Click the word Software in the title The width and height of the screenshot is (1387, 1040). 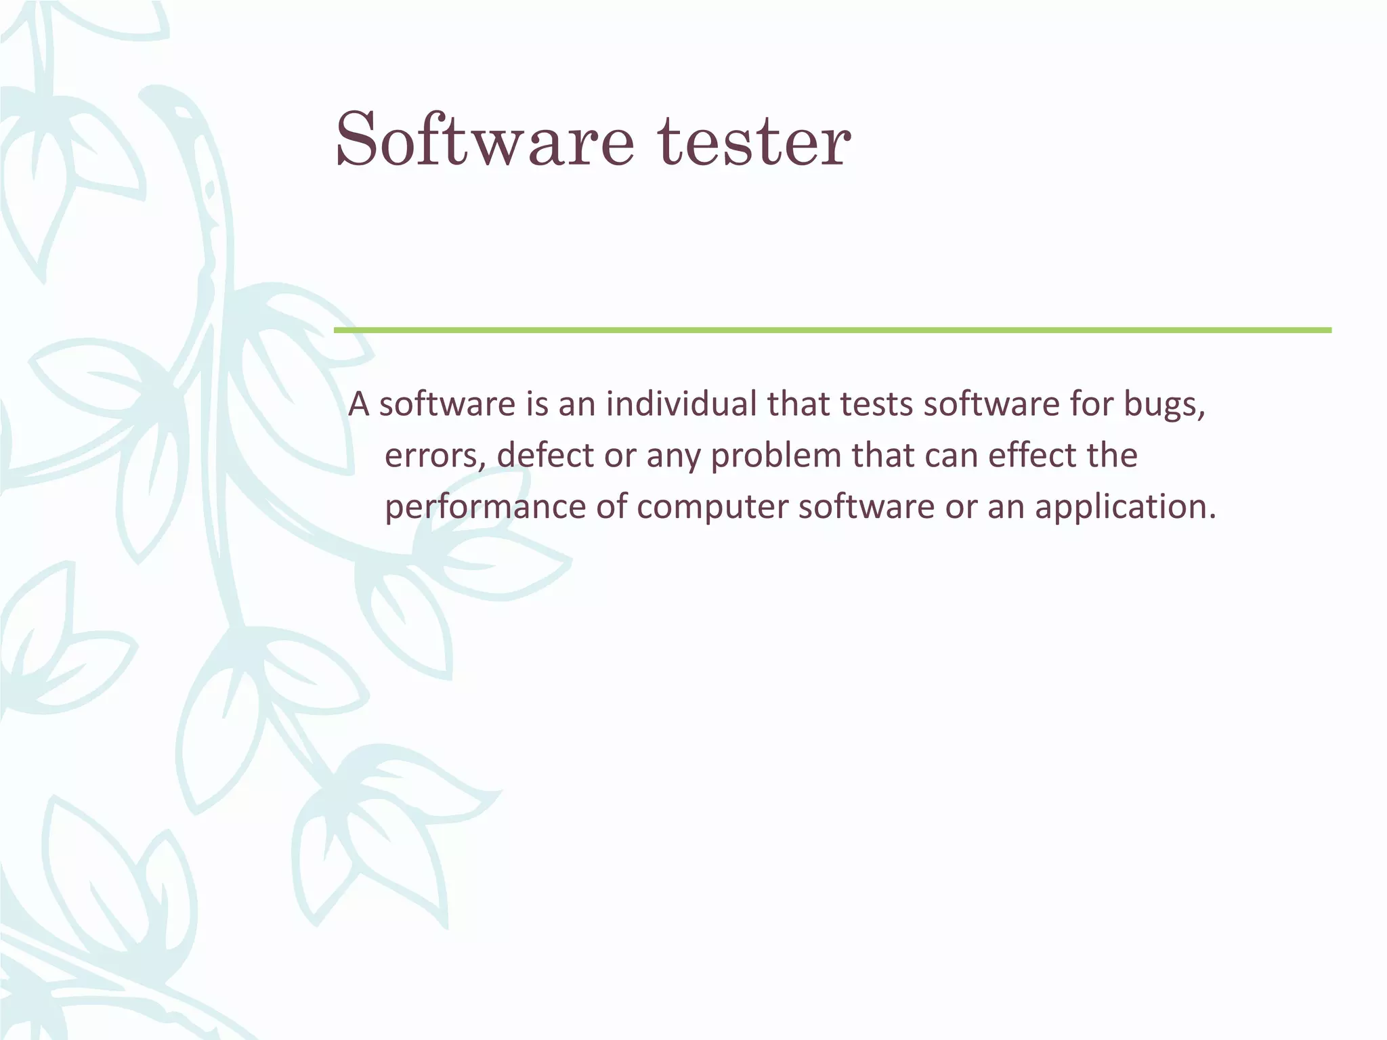click(x=484, y=140)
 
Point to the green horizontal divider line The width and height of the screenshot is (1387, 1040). click(x=832, y=330)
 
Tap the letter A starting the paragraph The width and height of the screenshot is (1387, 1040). click(x=358, y=405)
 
